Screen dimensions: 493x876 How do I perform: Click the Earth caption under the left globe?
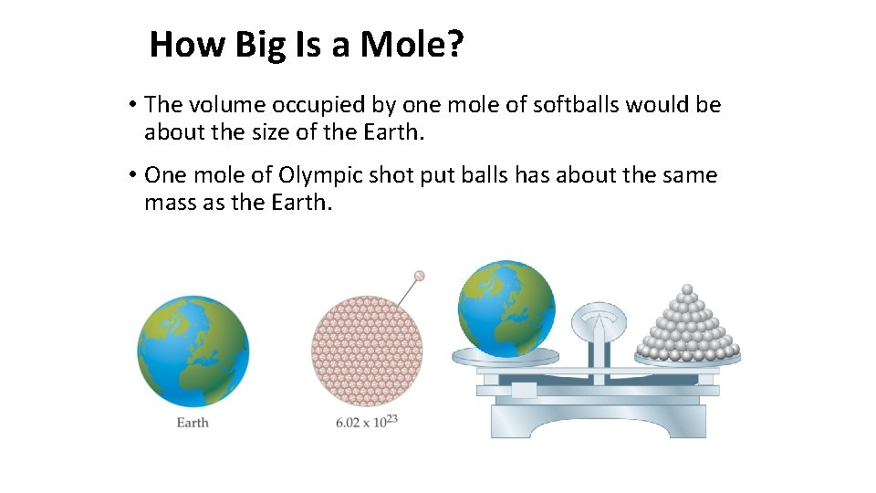point(193,423)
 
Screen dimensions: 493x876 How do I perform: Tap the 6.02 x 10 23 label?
point(367,421)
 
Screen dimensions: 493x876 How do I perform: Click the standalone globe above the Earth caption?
point(193,351)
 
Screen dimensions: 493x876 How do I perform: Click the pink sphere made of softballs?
point(368,351)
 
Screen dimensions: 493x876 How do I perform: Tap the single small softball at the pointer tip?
point(420,275)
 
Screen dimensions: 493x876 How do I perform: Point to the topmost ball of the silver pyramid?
point(688,290)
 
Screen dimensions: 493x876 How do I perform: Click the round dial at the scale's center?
point(599,320)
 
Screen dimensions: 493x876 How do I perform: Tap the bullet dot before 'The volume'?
point(133,105)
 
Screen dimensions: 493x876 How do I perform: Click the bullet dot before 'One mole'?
point(133,174)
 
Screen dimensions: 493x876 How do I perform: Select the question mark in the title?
point(455,43)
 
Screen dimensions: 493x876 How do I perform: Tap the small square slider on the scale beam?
point(524,390)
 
